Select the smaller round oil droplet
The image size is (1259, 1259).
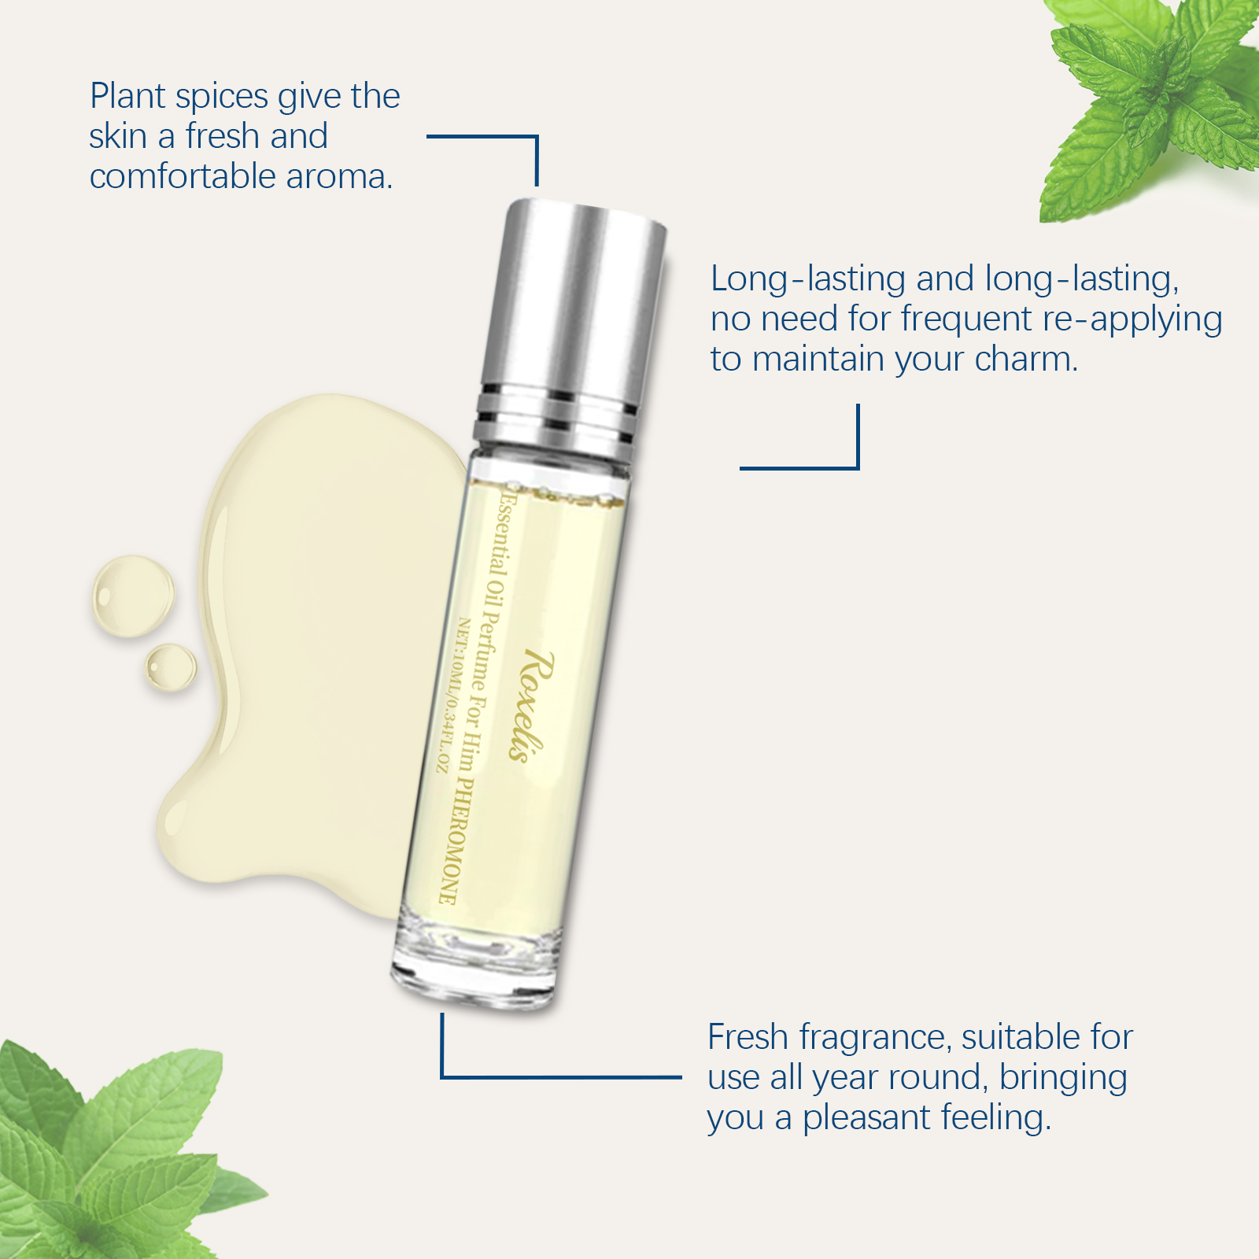pos(171,667)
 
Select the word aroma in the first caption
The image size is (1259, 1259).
pos(339,176)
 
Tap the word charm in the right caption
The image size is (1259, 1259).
pos(1026,359)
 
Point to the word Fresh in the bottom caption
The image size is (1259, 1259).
pos(748,1037)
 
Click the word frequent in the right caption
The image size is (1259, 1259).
pos(966,320)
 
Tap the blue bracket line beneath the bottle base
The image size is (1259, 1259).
pos(560,1076)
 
